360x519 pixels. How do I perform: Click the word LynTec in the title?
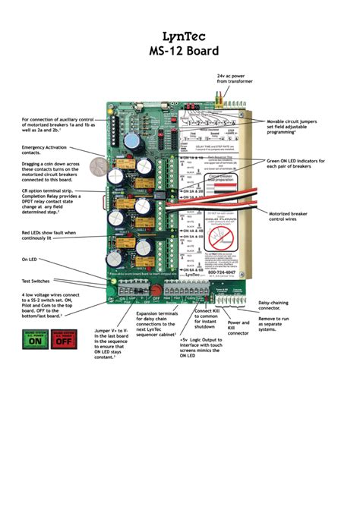(181, 36)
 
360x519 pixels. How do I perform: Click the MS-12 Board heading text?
(181, 52)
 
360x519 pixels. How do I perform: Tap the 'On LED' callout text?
(30, 259)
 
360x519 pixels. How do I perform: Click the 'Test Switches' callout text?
(37, 280)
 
